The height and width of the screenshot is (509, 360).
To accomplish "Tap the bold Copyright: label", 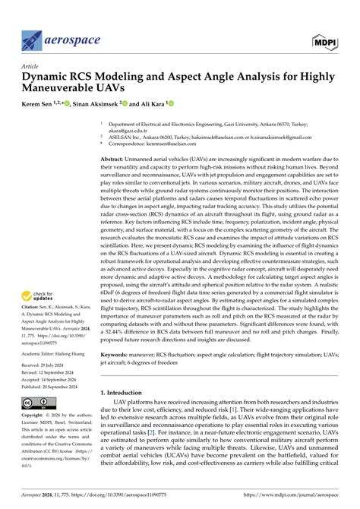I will [x=34, y=416].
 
